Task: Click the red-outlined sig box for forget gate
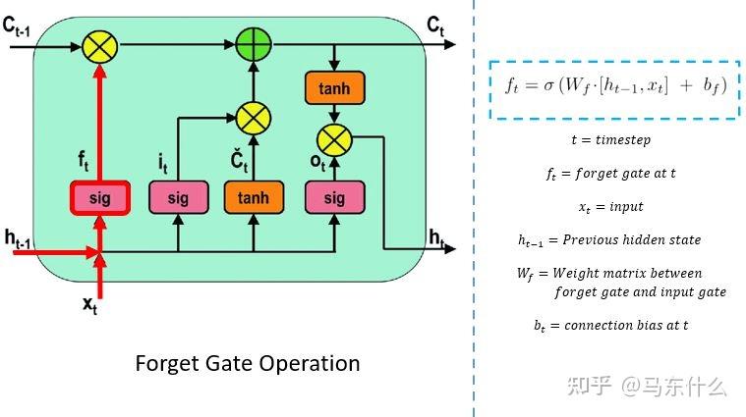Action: pos(98,198)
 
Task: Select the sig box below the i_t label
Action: pos(178,198)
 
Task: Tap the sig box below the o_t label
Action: pos(334,198)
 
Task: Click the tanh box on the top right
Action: pos(334,89)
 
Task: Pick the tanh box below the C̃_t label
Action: pos(253,198)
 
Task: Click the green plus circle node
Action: pos(253,44)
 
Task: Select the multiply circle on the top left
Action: pos(98,44)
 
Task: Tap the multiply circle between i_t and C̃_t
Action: pos(253,119)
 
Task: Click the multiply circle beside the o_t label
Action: pos(334,137)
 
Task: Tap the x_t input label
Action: pos(89,305)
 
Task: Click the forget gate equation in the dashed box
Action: pos(614,85)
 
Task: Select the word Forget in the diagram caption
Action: pos(166,363)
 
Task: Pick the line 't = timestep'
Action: pos(610,140)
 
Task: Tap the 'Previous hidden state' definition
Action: pos(609,240)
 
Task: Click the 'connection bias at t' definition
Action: pos(610,326)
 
